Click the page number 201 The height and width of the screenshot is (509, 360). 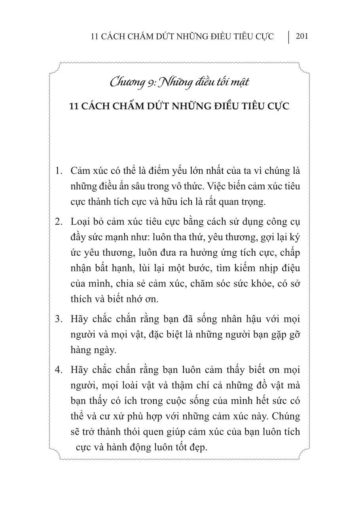(301, 36)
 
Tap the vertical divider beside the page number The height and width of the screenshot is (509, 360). (288, 37)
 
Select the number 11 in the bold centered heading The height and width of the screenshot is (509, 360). (74, 106)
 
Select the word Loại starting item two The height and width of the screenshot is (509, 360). (80, 222)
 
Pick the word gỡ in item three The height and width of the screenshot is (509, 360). (295, 334)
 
